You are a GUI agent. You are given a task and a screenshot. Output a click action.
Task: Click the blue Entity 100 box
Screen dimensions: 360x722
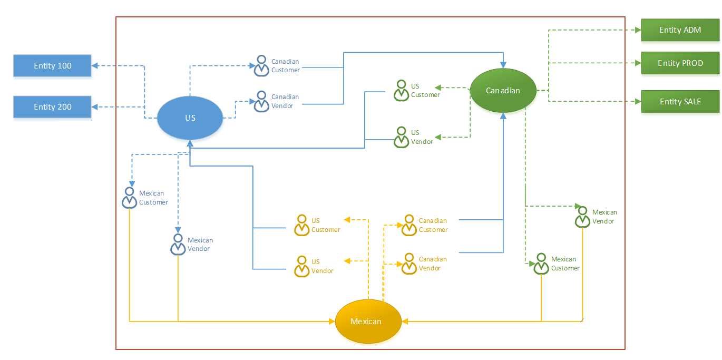coord(52,66)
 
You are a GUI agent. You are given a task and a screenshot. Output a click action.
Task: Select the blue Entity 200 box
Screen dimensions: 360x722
coord(52,107)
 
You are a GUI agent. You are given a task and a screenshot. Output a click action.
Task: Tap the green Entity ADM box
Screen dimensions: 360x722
coord(680,30)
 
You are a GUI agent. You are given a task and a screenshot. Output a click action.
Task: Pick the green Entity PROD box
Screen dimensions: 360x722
coord(680,63)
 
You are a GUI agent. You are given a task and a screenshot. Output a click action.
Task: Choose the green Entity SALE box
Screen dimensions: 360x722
coord(680,102)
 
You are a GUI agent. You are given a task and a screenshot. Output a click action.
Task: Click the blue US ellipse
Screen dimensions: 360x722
coord(190,118)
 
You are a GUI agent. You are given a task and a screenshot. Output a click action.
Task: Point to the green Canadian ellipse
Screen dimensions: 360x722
coord(503,91)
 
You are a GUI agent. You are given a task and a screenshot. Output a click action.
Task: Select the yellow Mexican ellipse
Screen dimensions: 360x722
coord(366,322)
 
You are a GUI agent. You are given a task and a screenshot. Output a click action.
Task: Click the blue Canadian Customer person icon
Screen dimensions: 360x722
coord(261,66)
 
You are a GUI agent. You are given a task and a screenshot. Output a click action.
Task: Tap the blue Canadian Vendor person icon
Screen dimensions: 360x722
coord(261,102)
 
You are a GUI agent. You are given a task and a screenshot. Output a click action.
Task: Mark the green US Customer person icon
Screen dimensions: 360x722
coord(401,91)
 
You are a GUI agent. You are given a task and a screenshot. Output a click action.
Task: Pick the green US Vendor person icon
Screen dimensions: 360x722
coord(401,137)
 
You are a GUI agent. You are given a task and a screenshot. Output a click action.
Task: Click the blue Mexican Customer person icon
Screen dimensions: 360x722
coord(130,198)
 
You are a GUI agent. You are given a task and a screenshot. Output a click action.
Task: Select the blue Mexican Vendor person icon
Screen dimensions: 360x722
coord(178,245)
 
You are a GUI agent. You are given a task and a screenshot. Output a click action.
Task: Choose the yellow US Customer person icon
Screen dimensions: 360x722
coord(301,225)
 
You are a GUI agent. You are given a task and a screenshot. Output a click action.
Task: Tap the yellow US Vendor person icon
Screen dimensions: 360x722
coord(301,267)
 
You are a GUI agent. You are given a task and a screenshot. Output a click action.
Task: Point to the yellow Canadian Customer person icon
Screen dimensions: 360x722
coord(409,225)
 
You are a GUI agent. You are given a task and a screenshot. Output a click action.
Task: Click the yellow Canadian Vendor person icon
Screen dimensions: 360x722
coord(409,264)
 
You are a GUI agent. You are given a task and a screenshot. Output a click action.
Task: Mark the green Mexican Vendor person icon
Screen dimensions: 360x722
coord(582,217)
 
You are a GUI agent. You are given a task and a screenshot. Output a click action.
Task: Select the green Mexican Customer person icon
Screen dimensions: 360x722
coord(541,264)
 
